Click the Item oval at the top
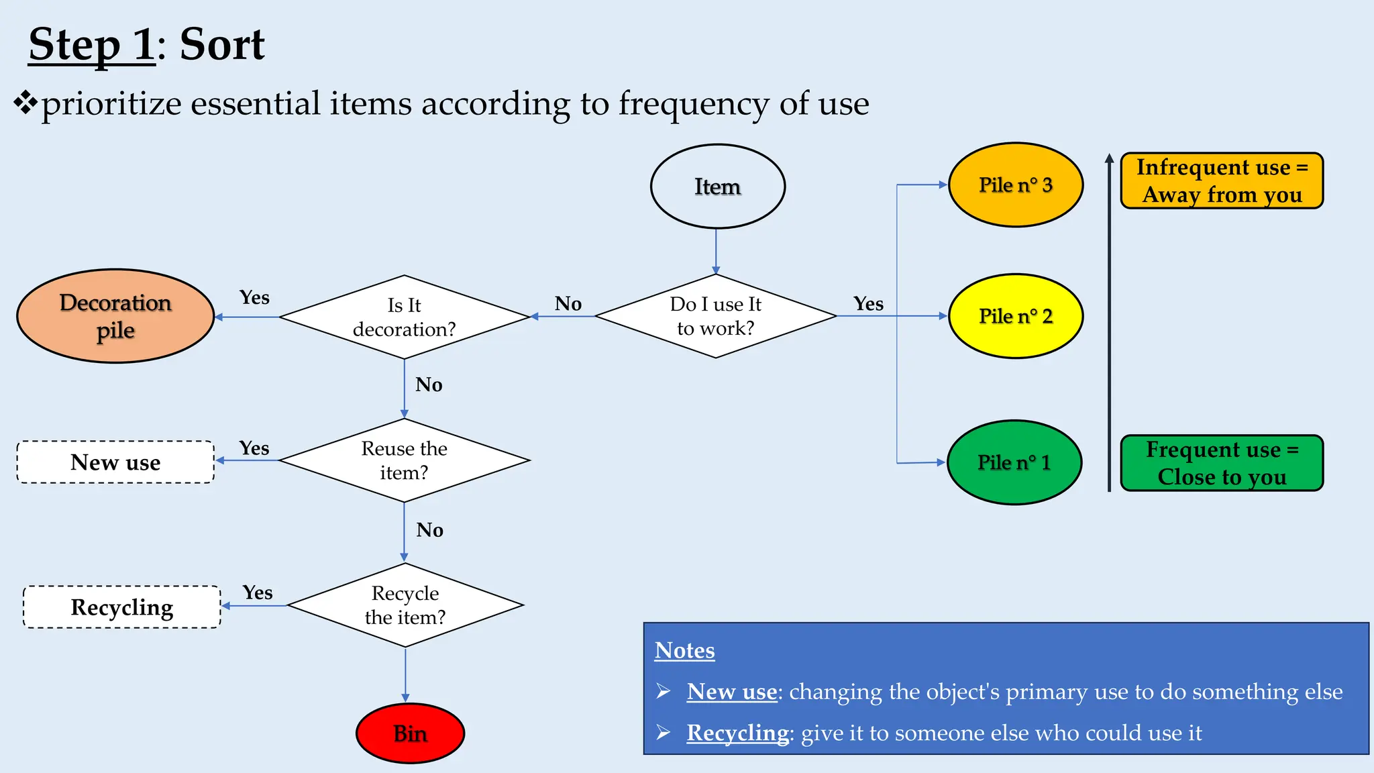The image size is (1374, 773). (717, 187)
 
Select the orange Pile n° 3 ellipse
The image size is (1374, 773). (1015, 185)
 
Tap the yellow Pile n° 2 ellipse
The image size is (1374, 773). (1015, 316)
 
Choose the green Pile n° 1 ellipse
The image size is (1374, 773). (1014, 462)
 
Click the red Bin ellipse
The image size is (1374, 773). (410, 733)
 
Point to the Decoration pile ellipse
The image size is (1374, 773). (115, 316)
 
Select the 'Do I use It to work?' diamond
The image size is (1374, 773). (715, 316)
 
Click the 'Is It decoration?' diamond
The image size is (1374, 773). (404, 317)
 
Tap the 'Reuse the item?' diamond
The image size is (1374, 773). (404, 460)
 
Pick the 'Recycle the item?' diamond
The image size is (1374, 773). (405, 605)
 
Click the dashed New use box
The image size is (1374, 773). (115, 462)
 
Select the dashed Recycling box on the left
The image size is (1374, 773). (122, 607)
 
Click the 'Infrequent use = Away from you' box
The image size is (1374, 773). (1222, 181)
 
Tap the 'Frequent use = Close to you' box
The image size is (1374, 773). (1222, 463)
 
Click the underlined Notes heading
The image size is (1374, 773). (684, 650)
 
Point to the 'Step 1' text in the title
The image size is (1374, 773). (92, 45)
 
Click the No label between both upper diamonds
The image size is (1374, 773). (568, 304)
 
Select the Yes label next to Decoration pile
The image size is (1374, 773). (254, 297)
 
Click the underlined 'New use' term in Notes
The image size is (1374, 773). (731, 692)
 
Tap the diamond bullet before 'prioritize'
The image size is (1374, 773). (25, 103)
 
